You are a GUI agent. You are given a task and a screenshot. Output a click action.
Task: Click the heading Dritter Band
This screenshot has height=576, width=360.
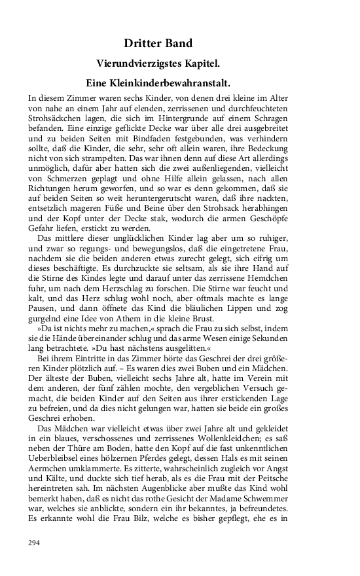tap(158, 43)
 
